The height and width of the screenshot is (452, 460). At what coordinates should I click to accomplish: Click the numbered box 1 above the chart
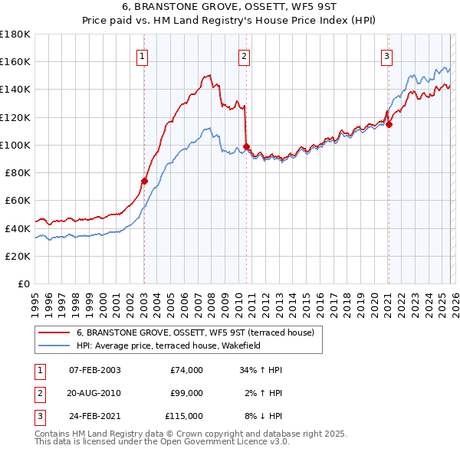pos(143,55)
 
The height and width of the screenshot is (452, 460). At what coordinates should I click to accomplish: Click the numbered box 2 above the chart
pos(244,55)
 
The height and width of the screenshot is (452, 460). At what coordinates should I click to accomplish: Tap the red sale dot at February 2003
pos(144,181)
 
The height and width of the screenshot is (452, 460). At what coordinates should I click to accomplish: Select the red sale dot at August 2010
pos(246,146)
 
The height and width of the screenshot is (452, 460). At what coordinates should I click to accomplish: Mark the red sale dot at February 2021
pos(389,124)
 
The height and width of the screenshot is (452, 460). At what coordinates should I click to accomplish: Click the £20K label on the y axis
pos(18,256)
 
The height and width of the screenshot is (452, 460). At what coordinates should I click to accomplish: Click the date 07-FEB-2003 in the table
pos(94,370)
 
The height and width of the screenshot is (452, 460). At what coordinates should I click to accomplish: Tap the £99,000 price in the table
pos(186,393)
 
